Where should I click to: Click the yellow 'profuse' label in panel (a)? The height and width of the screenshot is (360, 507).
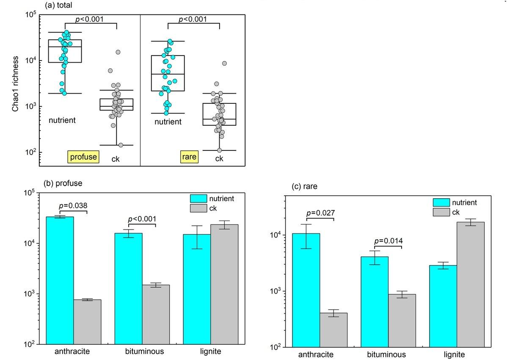[83, 157]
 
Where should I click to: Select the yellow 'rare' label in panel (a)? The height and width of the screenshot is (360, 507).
[189, 157]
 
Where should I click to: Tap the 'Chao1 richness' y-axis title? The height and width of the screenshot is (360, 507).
[15, 84]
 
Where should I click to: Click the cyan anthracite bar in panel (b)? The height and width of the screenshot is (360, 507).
[60, 280]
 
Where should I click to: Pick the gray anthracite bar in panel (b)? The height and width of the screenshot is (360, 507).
[87, 322]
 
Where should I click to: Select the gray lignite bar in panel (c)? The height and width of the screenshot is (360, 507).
[471, 285]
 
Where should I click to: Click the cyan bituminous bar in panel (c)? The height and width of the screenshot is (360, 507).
[375, 302]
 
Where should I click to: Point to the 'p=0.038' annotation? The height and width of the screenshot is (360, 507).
[73, 206]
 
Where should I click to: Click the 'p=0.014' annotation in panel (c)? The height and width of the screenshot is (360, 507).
[389, 241]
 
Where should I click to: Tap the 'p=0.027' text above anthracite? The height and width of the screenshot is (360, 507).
[320, 213]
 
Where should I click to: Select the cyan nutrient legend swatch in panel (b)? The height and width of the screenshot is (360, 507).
[198, 199]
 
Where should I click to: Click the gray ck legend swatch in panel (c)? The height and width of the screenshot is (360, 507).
[441, 212]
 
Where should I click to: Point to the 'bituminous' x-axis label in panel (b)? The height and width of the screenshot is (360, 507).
[145, 351]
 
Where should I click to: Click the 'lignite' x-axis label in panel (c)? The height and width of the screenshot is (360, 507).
[454, 354]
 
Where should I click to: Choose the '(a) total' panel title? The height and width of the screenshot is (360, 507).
[58, 5]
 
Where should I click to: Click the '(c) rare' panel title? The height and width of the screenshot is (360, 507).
[304, 186]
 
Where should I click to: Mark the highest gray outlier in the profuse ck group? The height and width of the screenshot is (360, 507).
[118, 52]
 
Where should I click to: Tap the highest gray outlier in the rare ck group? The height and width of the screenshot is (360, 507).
[224, 64]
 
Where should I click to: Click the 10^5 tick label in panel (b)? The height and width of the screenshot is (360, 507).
[30, 193]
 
